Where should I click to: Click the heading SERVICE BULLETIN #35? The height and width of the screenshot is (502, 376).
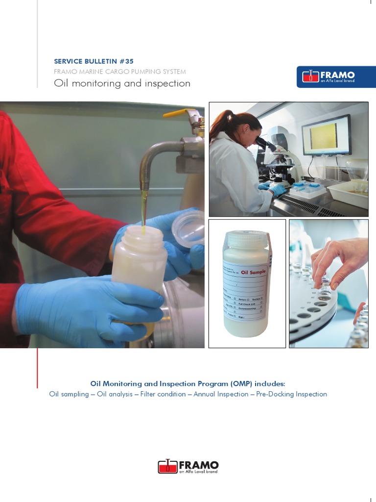click(x=92, y=61)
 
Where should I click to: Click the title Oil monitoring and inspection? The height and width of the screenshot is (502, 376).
click(x=122, y=83)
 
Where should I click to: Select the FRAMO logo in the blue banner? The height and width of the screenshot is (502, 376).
click(x=329, y=76)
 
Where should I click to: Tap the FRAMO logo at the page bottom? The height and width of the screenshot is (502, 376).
click(x=188, y=466)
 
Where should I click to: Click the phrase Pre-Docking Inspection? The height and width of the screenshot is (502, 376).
click(x=291, y=394)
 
